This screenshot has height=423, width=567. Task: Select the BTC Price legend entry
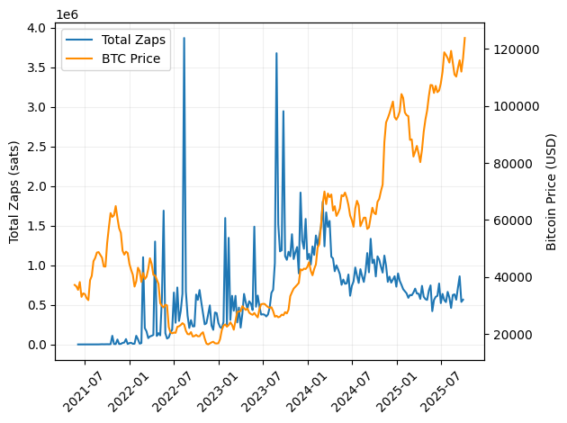pyautogui.click(x=131, y=58)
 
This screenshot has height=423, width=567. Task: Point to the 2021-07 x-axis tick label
pyautogui.click(x=80, y=387)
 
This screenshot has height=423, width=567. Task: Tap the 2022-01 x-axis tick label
pyautogui.click(x=125, y=387)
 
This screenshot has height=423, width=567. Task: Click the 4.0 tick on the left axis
pyautogui.click(x=36, y=28)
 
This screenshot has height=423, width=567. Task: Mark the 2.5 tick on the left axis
pyautogui.click(x=36, y=147)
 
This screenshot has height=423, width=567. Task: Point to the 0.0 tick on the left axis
pyautogui.click(x=36, y=345)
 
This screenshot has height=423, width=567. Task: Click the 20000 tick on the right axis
pyautogui.click(x=510, y=335)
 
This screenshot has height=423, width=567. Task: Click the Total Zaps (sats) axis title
pyautogui.click(x=14, y=191)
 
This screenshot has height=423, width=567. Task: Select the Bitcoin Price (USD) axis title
pyautogui.click(x=552, y=191)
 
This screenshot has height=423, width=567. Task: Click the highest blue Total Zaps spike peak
pyautogui.click(x=184, y=38)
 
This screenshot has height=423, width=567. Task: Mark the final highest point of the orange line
pyautogui.click(x=464, y=38)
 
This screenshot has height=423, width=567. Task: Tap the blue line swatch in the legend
pyautogui.click(x=81, y=40)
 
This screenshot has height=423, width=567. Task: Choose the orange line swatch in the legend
pyautogui.click(x=81, y=58)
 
